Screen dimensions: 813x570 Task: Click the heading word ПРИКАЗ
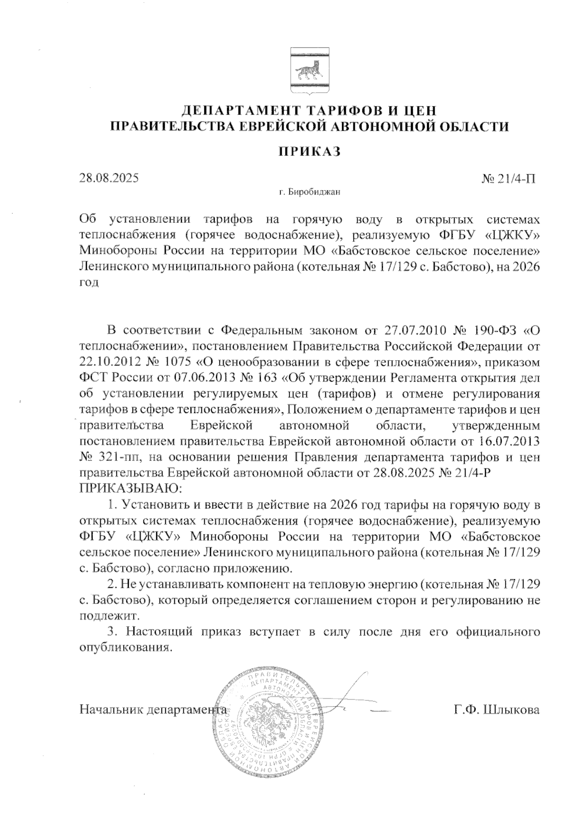click(x=309, y=152)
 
